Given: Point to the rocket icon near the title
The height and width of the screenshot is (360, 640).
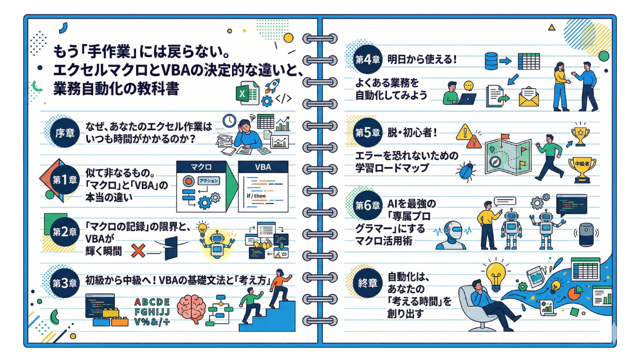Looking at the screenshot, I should point(272,86).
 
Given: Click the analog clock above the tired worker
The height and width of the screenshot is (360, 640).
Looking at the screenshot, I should point(229,121).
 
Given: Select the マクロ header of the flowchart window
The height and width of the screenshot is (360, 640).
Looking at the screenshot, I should point(196,167).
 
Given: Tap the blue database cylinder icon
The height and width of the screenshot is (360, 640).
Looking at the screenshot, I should point(491,61).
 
